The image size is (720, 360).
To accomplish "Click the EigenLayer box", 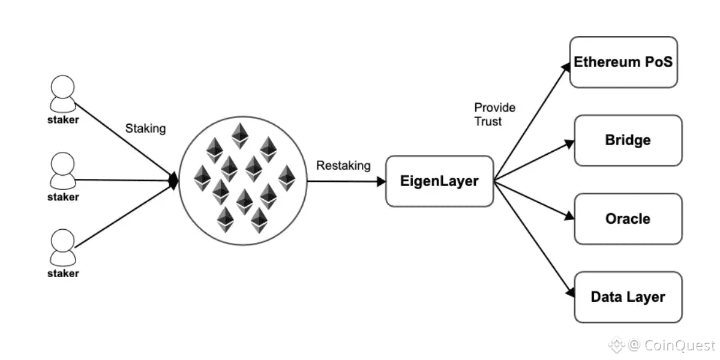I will pyautogui.click(x=439, y=181).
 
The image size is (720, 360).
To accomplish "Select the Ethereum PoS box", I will pyautogui.click(x=623, y=62).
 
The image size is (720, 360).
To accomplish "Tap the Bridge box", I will pyautogui.click(x=628, y=140).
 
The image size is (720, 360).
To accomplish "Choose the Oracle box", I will pyautogui.click(x=628, y=218).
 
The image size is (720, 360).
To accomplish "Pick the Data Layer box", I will pyautogui.click(x=628, y=297).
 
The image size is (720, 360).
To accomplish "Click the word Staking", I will pyautogui.click(x=145, y=128).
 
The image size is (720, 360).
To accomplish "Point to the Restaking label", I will pyautogui.click(x=343, y=165).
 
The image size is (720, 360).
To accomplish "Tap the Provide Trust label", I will pyautogui.click(x=494, y=114).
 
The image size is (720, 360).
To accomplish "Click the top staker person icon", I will pyautogui.click(x=62, y=94).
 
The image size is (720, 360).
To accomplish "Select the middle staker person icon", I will pyautogui.click(x=62, y=170).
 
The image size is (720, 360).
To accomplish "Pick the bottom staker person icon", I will pyautogui.click(x=62, y=247).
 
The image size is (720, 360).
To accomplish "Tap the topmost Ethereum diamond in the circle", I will pyautogui.click(x=241, y=135).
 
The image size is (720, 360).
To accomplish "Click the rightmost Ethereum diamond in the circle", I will pyautogui.click(x=287, y=178).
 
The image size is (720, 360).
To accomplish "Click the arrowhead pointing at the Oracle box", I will pyautogui.click(x=569, y=216).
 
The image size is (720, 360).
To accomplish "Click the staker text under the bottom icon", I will pyautogui.click(x=63, y=274).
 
